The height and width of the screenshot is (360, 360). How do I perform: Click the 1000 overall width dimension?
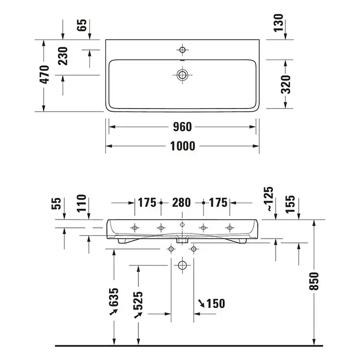[x=183, y=146]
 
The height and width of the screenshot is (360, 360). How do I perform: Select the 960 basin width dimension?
[x=182, y=127]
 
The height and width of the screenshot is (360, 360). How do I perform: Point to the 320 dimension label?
[x=285, y=84]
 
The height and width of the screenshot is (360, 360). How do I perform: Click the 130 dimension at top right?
[x=279, y=23]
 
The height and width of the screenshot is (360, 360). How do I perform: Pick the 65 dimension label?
[x=82, y=25]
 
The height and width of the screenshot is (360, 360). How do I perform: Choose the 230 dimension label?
[x=63, y=56]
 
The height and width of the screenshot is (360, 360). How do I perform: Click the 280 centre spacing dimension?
[x=182, y=203]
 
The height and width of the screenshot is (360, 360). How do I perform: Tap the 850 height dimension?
[x=314, y=281]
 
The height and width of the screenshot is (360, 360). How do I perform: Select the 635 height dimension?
[x=114, y=297]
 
